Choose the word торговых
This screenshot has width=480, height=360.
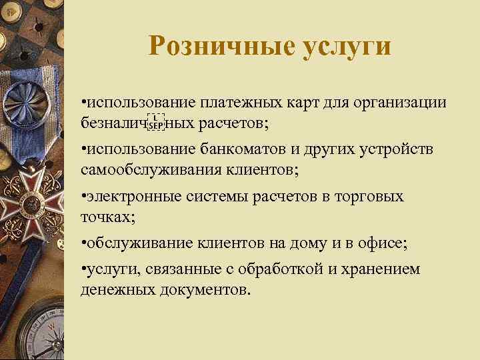(371, 197)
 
